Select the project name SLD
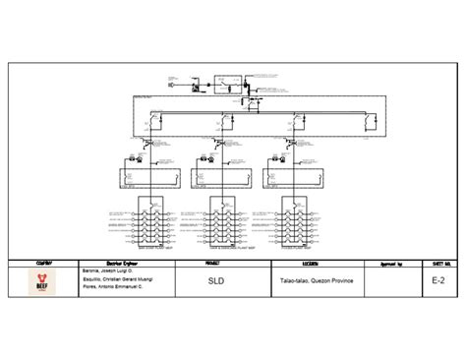click(213, 280)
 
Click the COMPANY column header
click(38, 264)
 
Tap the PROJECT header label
click(213, 264)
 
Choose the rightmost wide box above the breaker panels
click(295, 176)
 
